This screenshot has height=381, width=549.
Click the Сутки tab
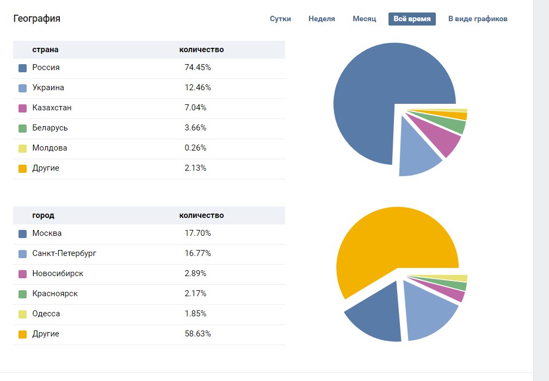click(280, 19)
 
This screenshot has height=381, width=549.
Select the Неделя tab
click(322, 19)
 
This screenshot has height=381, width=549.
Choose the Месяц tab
click(365, 19)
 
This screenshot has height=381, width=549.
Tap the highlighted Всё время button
click(412, 19)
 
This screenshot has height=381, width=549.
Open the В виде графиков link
click(478, 19)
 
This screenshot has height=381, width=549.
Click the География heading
click(36, 19)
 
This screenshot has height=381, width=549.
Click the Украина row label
click(48, 88)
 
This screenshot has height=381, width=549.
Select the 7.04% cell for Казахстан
click(195, 108)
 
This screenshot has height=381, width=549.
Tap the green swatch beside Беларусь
click(22, 129)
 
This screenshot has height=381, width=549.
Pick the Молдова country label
click(50, 148)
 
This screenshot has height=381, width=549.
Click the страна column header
click(45, 50)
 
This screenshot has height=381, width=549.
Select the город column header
click(43, 216)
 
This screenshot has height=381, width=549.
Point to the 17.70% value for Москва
click(198, 234)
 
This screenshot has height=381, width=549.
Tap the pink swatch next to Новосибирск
click(22, 274)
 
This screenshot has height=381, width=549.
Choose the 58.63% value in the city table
click(198, 334)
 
